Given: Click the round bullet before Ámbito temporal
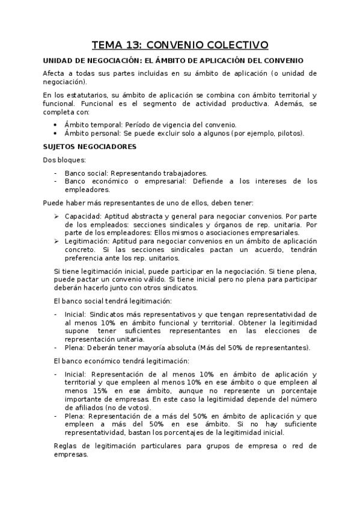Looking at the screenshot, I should (55, 124).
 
